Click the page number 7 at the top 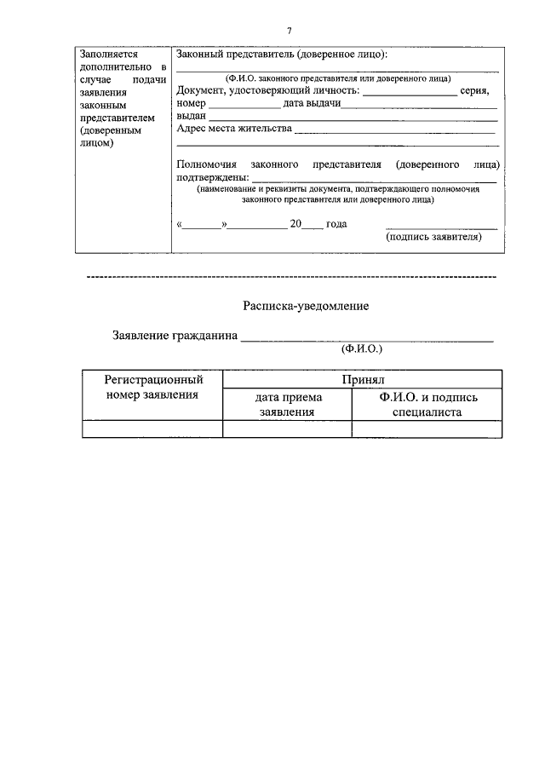[289, 31]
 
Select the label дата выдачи [312, 103]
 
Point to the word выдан [190, 116]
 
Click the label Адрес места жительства [233, 129]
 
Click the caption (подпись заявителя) [433, 238]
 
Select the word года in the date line [336, 224]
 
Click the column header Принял [362, 379]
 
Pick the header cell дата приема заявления [287, 405]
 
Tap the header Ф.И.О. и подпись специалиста [427, 405]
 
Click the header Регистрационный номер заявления [152, 387]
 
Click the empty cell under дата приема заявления [287, 429]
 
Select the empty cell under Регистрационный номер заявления [152, 429]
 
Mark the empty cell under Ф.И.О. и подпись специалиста [427, 429]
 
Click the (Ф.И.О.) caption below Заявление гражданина [362, 349]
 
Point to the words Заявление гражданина [175, 336]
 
